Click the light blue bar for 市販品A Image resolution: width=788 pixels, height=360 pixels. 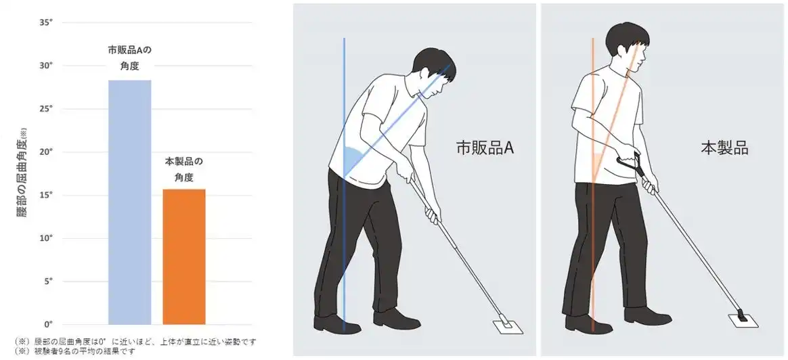click(130, 202)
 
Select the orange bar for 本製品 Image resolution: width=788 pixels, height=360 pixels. click(184, 256)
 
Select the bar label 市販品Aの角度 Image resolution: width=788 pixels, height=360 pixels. click(130, 58)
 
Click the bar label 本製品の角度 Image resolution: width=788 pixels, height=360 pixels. click(184, 169)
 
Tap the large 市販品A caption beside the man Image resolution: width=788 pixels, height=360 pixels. click(485, 148)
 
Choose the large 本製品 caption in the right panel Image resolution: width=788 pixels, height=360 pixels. click(724, 148)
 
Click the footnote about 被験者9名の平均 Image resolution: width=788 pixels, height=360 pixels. click(75, 351)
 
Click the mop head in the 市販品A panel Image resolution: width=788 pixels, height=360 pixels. click(508, 326)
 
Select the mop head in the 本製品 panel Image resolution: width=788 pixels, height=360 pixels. click(742, 320)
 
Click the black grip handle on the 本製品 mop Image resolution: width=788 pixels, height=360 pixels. click(630, 162)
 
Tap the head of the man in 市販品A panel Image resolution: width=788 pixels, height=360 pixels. click(435, 70)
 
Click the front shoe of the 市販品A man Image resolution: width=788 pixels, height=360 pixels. click(397, 318)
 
